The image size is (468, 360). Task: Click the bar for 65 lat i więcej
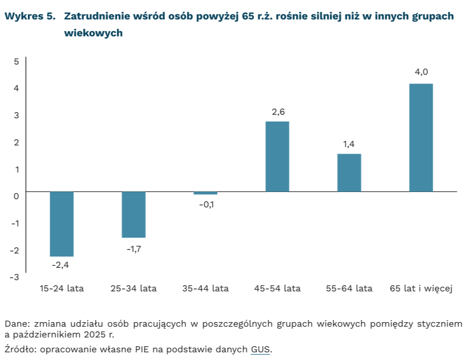(x=421, y=137)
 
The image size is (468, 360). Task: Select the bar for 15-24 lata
(x=61, y=224)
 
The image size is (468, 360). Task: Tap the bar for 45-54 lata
(x=277, y=156)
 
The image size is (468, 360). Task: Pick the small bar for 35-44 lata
(x=205, y=193)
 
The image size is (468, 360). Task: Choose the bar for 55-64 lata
(x=349, y=173)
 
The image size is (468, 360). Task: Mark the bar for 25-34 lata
(x=134, y=215)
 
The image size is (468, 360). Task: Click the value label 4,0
(x=421, y=72)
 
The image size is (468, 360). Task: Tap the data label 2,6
(x=278, y=111)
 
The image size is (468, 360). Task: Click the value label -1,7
(x=134, y=250)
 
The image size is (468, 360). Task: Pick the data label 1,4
(x=349, y=144)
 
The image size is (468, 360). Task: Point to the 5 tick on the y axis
(x=16, y=61)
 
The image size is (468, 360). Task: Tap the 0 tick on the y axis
(x=16, y=196)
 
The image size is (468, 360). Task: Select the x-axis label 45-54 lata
(x=277, y=288)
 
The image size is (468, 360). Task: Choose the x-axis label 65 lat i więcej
(x=421, y=288)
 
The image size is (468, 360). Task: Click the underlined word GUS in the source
(x=260, y=350)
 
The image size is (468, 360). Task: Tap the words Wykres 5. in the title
(x=29, y=16)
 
